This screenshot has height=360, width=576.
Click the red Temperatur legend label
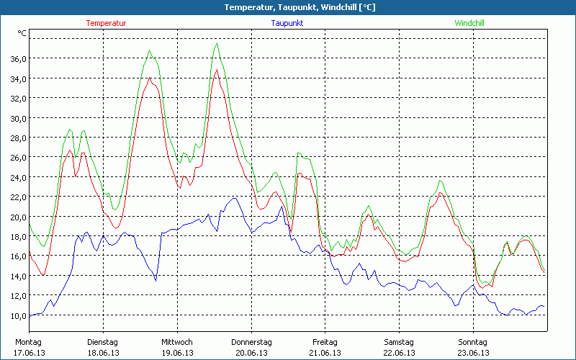pos(106,23)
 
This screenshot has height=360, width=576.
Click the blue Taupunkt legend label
pos(287,23)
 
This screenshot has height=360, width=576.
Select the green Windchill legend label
pos(469,23)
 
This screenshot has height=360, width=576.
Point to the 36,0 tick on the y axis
pos(17,58)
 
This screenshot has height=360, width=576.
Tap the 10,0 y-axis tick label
pos(17,315)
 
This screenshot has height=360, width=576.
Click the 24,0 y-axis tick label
pos(17,177)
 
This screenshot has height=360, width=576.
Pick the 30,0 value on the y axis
pos(17,118)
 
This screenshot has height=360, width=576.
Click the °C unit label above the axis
pos(22,33)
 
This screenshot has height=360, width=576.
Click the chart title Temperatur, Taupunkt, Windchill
pos(288,7)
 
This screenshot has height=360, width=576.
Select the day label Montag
pos(27,342)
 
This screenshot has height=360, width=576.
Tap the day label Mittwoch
pos(177,342)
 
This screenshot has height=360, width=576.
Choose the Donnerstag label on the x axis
pos(251,342)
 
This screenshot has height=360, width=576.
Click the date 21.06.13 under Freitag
pos(325,353)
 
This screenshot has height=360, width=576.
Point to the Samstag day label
pos(399,342)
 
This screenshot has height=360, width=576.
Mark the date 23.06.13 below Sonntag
pos(473,353)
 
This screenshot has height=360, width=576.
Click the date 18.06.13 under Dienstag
pos(103,353)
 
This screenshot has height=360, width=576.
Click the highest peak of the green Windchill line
pos(217,44)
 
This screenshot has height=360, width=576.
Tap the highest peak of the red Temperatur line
pos(216,70)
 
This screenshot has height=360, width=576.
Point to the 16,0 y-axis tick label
pos(17,256)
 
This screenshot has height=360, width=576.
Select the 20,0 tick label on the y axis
pos(17,217)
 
